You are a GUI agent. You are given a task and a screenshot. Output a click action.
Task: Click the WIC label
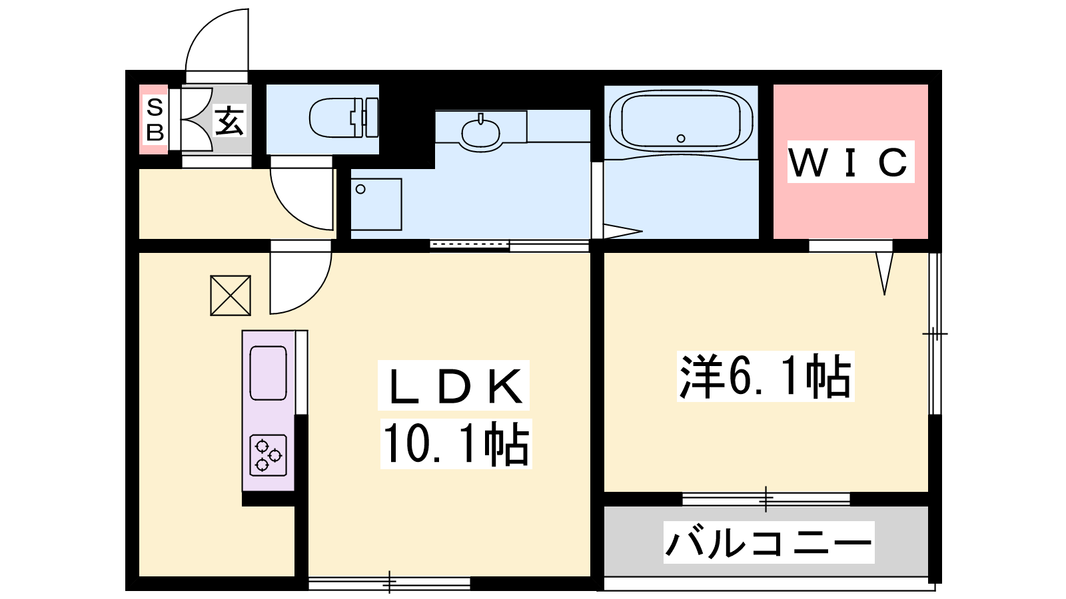pyautogui.click(x=850, y=162)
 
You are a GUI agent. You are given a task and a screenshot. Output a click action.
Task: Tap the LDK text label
pyautogui.click(x=454, y=386)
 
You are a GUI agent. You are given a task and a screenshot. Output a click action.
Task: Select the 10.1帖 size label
pyautogui.click(x=456, y=443)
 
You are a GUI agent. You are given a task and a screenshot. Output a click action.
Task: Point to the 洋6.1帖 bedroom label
pyautogui.click(x=766, y=376)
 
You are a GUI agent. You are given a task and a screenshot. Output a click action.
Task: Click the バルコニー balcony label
pyautogui.click(x=769, y=542)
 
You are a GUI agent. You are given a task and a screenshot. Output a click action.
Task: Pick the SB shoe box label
pyautogui.click(x=155, y=120)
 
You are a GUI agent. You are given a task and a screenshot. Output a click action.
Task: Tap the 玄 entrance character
pyautogui.click(x=230, y=120)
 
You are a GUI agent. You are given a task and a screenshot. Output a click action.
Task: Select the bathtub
pyautogui.click(x=681, y=122)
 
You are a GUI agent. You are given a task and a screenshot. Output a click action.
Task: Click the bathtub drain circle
pyautogui.click(x=681, y=138)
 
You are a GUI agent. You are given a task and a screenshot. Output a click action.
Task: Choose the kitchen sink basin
pyautogui.click(x=268, y=373)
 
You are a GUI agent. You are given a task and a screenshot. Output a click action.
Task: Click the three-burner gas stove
pyautogui.click(x=268, y=455)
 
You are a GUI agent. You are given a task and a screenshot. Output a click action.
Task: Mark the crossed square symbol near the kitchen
pyautogui.click(x=231, y=296)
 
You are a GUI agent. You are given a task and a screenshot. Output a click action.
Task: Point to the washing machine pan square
pyautogui.click(x=376, y=204)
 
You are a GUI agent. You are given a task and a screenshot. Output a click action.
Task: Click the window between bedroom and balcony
pyautogui.click(x=766, y=499)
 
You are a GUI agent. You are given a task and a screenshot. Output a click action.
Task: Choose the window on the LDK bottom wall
pyautogui.click(x=389, y=583)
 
